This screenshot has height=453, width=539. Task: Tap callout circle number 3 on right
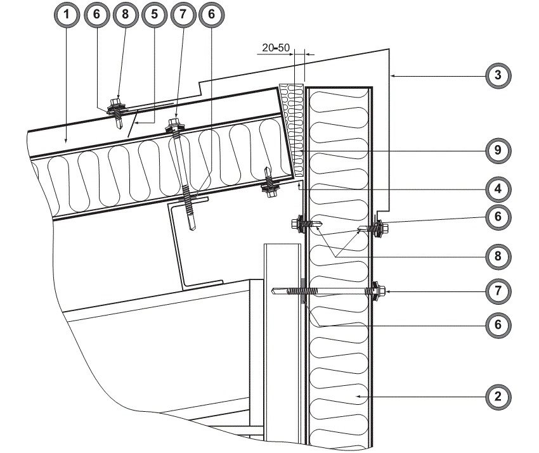498,75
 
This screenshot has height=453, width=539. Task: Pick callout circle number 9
498,151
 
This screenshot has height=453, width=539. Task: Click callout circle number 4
498,188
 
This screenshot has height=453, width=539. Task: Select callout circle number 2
498,398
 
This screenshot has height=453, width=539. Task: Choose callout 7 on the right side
498,291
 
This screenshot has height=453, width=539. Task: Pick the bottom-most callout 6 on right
498,324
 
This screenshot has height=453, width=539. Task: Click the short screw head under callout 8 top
117,103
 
